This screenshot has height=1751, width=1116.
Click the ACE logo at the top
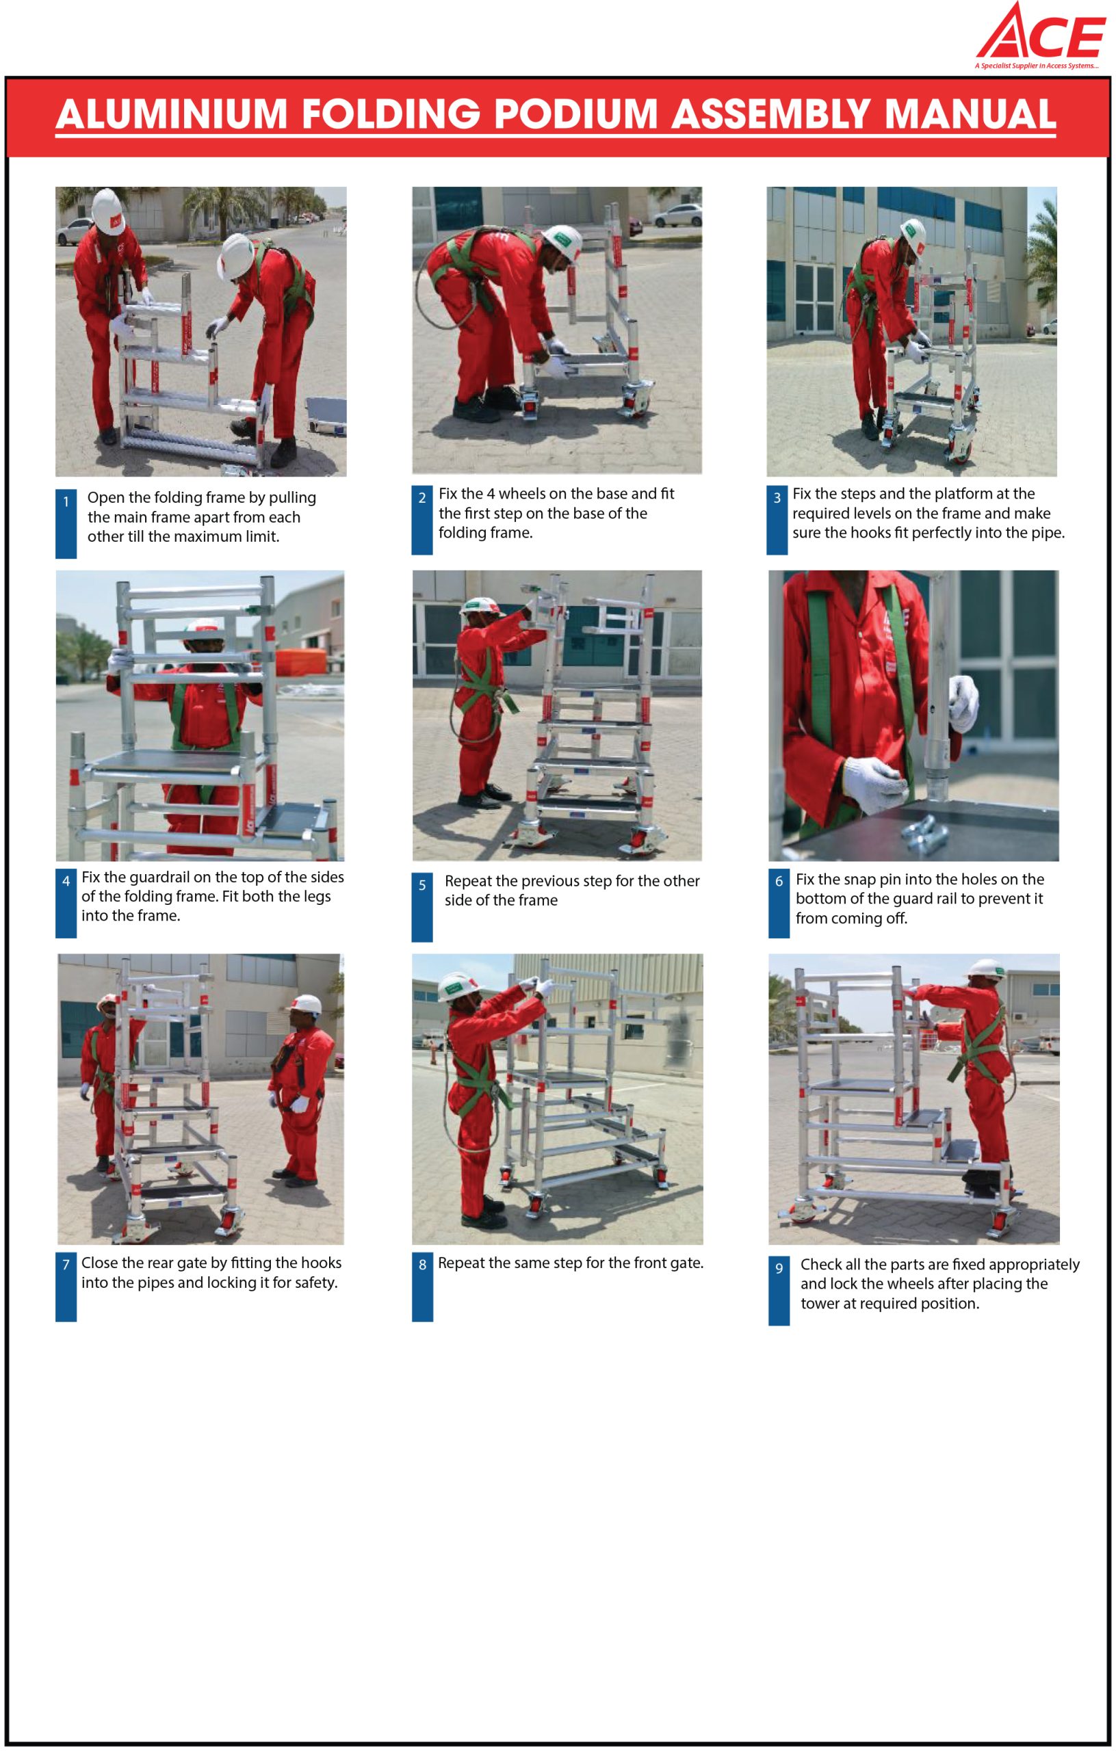point(1040,35)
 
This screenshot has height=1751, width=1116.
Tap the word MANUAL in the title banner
point(970,114)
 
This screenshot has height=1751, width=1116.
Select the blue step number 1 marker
point(66,523)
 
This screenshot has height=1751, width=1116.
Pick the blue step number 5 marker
point(422,906)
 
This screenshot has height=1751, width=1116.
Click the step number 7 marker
point(66,1287)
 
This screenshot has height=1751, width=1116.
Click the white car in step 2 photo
point(677,215)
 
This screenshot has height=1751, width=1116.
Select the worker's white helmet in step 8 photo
point(460,987)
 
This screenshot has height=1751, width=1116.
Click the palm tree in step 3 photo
point(1042,254)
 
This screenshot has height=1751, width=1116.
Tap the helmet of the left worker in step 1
point(108,211)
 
